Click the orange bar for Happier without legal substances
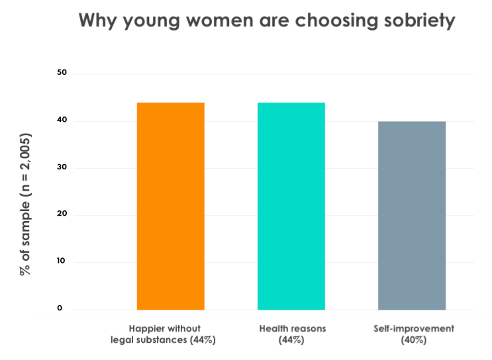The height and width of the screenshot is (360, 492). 170,206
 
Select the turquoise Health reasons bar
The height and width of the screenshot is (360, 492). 291,206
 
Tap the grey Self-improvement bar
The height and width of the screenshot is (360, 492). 411,215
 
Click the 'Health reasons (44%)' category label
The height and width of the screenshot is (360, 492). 291,334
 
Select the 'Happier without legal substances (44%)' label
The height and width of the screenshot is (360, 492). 166,334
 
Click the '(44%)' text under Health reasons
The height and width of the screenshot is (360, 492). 291,340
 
